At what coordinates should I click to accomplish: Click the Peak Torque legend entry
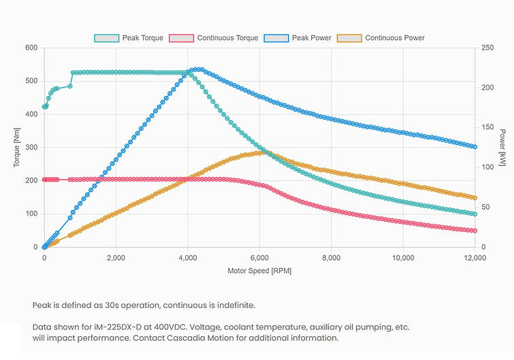pyautogui.click(x=129, y=38)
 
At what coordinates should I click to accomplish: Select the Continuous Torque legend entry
pyautogui.click(x=214, y=38)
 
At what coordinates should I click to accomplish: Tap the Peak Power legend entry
pyautogui.click(x=301, y=38)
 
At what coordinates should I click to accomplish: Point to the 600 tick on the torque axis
pyautogui.click(x=31, y=48)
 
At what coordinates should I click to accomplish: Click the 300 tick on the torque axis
pyautogui.click(x=31, y=148)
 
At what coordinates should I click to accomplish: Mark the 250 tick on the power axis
pyautogui.click(x=487, y=48)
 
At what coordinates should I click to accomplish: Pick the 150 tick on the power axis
pyautogui.click(x=487, y=127)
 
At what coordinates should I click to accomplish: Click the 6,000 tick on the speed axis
pyautogui.click(x=259, y=258)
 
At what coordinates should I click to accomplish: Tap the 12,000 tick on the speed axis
pyautogui.click(x=475, y=258)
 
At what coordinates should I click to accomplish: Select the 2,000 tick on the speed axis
pyautogui.click(x=116, y=258)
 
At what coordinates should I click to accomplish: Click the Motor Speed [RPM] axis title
pyautogui.click(x=259, y=271)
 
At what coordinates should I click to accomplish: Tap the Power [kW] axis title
pyautogui.click(x=502, y=148)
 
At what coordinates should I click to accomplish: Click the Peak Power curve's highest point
pyautogui.click(x=197, y=69)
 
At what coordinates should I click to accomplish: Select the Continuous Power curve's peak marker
pyautogui.click(x=261, y=152)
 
